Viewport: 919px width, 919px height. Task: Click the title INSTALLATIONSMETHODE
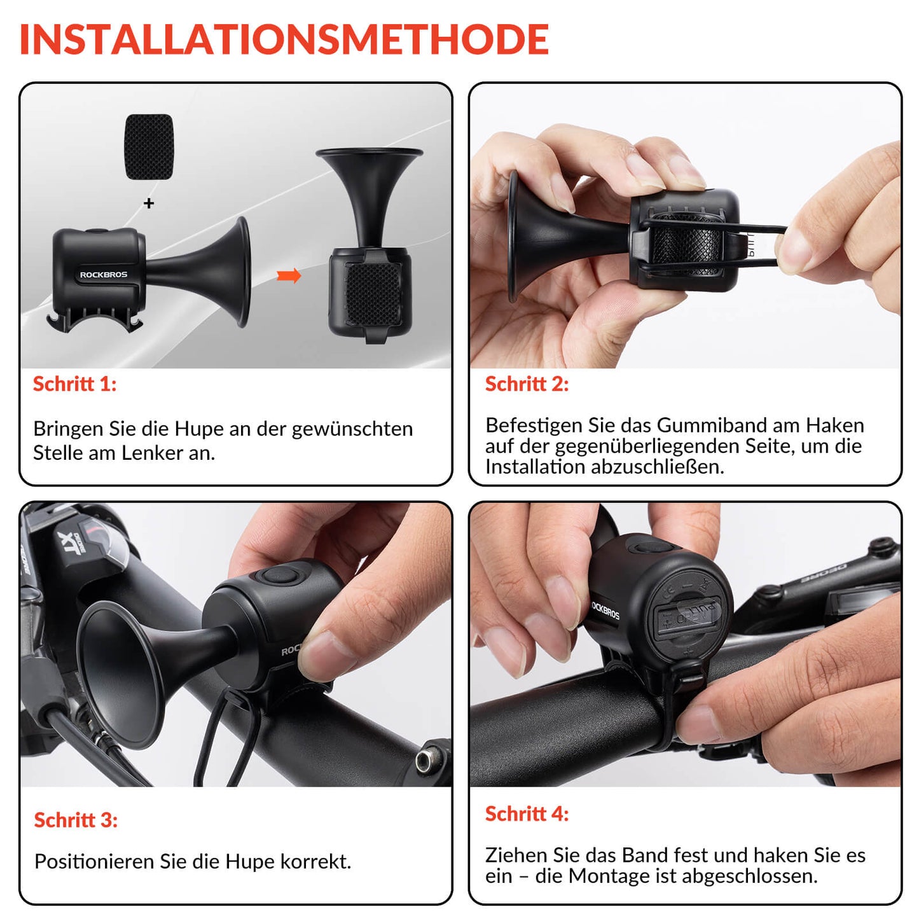tap(284, 39)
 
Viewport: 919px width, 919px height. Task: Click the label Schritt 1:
tap(74, 384)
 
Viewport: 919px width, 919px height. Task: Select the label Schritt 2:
tap(527, 384)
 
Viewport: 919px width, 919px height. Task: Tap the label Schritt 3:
tap(76, 820)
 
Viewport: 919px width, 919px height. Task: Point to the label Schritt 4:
tap(527, 814)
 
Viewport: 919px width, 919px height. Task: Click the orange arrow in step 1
tap(289, 276)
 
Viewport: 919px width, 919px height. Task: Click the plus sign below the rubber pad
tap(149, 204)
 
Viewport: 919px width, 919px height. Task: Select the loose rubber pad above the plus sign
tap(149, 147)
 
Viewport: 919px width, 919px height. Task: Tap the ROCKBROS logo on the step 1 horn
tap(103, 275)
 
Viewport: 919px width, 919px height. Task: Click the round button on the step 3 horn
tap(278, 577)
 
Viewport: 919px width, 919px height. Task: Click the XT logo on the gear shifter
tap(68, 543)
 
